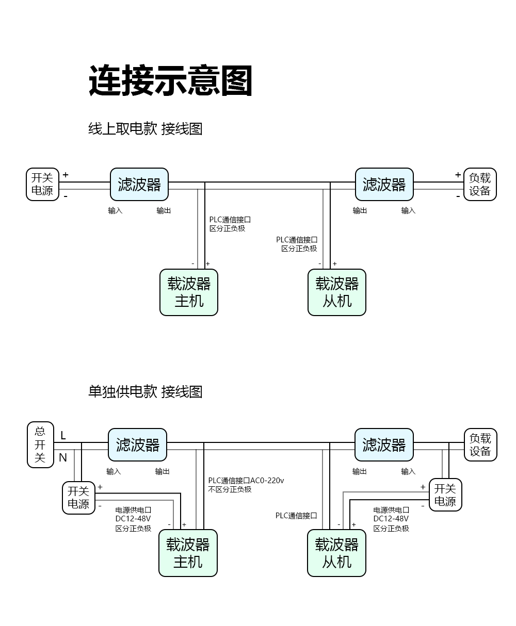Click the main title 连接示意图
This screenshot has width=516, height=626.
(170, 81)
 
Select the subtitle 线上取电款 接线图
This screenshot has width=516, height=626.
(145, 128)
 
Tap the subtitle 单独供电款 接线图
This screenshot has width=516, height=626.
(145, 391)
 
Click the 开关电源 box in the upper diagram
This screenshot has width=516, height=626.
(43, 184)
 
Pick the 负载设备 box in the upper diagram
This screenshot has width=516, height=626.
(479, 184)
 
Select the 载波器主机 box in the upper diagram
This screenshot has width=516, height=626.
(189, 292)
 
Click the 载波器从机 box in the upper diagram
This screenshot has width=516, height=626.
(337, 292)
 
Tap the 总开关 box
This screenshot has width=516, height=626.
(40, 444)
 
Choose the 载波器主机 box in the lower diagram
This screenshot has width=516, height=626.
(188, 553)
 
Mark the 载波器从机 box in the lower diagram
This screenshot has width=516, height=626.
(336, 553)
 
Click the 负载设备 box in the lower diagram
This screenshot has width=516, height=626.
(480, 444)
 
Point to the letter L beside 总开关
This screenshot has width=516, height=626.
(63, 436)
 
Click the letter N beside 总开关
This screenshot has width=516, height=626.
(63, 457)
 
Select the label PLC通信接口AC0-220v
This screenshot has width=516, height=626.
(246, 481)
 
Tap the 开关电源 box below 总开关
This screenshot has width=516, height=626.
(78, 498)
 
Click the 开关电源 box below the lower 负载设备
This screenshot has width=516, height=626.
(445, 495)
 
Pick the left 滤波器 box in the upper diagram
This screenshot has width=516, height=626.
(139, 184)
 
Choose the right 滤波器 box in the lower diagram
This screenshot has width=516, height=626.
(384, 444)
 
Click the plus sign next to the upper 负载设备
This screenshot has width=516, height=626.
(458, 175)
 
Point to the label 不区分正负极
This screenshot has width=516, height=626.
(230, 489)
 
